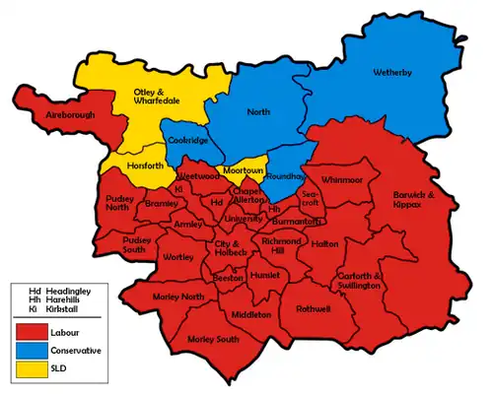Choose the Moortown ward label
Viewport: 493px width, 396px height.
click(241, 170)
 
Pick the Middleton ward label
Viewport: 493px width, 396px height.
click(251, 314)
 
